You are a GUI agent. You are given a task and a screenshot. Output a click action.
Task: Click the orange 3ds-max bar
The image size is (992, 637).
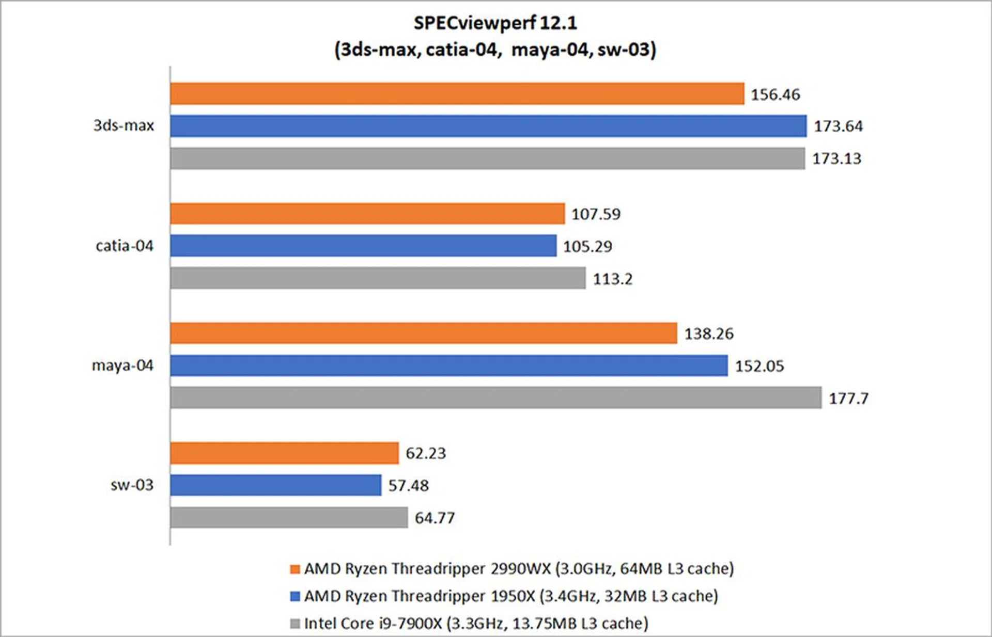[457, 94]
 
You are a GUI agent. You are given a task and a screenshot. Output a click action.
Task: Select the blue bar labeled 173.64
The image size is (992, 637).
[488, 126]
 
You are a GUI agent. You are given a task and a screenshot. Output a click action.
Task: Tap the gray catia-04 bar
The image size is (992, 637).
[378, 278]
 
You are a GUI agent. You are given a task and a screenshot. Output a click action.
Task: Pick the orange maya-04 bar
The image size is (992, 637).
[424, 333]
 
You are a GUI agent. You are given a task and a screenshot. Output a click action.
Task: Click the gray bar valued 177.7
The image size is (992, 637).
[496, 398]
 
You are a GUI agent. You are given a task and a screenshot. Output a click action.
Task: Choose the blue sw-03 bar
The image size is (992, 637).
[276, 485]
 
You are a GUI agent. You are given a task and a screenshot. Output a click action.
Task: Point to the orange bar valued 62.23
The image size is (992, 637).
[285, 453]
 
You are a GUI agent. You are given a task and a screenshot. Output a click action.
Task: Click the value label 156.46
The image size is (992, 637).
[775, 94]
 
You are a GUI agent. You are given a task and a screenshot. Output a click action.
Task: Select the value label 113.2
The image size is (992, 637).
[612, 279]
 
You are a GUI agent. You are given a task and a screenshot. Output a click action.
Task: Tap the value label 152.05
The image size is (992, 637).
[760, 366]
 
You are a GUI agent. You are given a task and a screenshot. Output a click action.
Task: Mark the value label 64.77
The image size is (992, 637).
[435, 518]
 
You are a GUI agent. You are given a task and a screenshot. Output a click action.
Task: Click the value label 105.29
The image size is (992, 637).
[587, 247]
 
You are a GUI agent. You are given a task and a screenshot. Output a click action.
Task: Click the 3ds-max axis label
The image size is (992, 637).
[123, 125]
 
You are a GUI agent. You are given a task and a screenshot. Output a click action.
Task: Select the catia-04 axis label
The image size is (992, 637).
[125, 246]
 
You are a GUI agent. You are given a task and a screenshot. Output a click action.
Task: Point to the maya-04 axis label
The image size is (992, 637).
[122, 365]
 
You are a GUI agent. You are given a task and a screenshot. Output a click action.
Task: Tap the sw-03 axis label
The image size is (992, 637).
[132, 485]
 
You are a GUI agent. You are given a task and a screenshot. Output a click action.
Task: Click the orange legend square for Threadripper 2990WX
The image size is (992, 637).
[295, 569]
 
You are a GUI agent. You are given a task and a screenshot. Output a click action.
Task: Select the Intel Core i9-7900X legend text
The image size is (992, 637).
[476, 624]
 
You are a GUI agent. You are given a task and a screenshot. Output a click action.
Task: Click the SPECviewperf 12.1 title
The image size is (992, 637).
[495, 23]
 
